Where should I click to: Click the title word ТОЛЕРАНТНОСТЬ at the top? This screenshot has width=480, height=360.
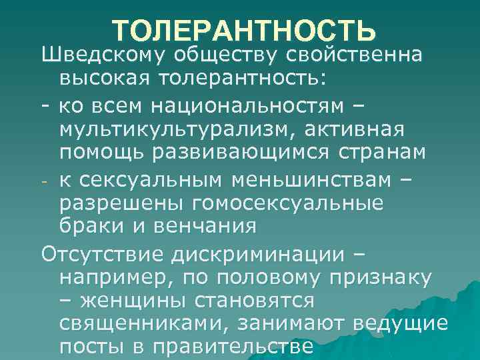(244, 31)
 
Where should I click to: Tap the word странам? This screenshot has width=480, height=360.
(393, 153)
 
